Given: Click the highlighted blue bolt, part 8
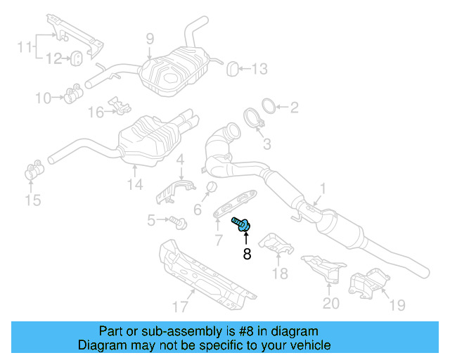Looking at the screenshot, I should tap(243, 224).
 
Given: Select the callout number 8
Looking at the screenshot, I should tap(247, 255).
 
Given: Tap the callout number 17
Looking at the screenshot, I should tap(180, 306).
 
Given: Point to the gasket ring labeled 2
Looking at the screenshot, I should tap(266, 107).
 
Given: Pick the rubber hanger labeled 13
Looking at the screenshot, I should tap(232, 68).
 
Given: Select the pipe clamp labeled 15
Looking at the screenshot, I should tap(33, 171).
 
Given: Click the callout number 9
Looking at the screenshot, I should tap(149, 38).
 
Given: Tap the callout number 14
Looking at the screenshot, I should tap(134, 185).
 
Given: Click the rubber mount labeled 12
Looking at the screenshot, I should tap(78, 57).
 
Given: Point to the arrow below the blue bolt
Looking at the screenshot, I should tap(247, 237).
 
